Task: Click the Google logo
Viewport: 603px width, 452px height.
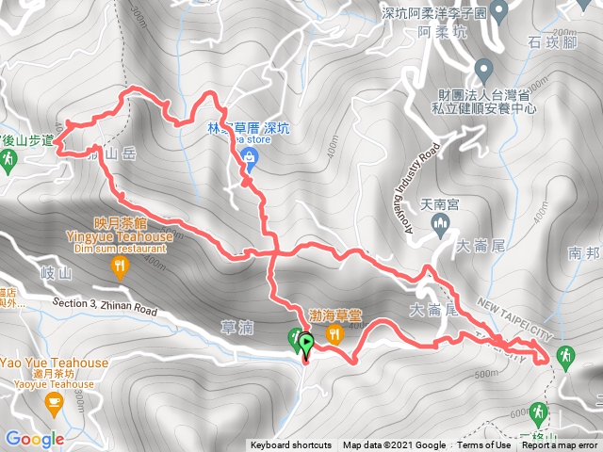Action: point(35,439)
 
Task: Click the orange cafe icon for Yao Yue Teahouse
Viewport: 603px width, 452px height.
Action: point(54,405)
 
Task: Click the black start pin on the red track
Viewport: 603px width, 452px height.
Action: point(306,343)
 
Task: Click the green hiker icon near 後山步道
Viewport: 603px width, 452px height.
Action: point(8,161)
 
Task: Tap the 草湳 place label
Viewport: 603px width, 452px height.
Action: point(237,327)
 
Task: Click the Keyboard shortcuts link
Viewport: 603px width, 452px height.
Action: point(290,445)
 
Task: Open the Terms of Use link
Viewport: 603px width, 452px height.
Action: point(483,445)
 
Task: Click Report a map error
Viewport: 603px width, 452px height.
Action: point(562,445)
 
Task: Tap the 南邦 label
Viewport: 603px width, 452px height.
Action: point(585,253)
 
